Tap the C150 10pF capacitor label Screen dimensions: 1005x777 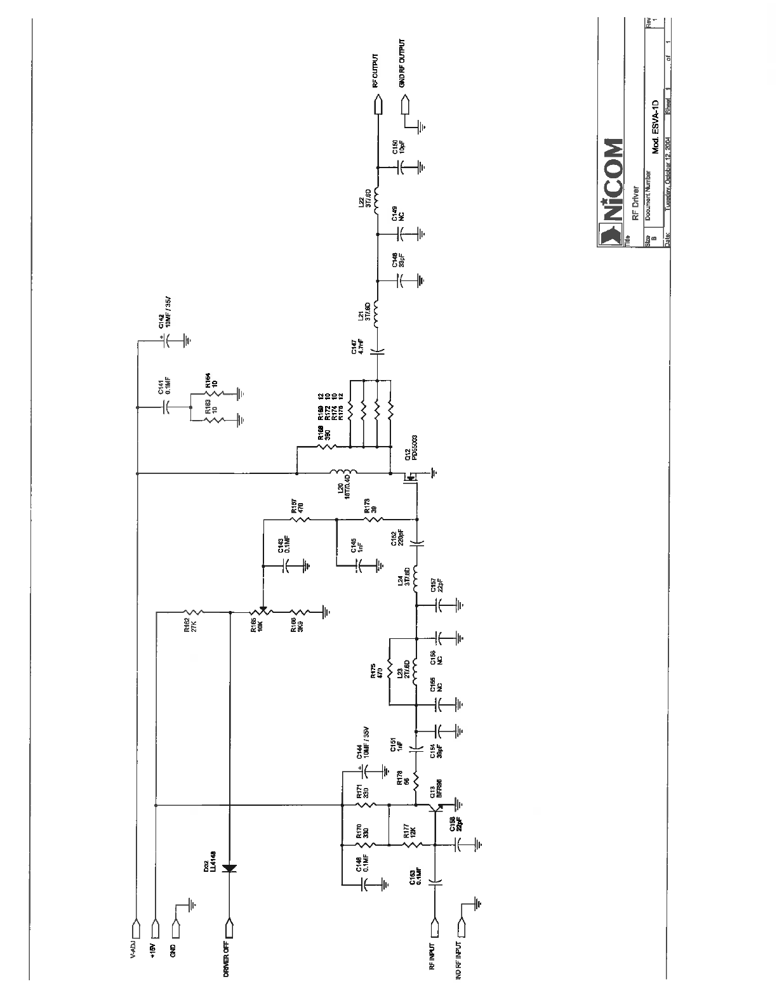click(397, 147)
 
